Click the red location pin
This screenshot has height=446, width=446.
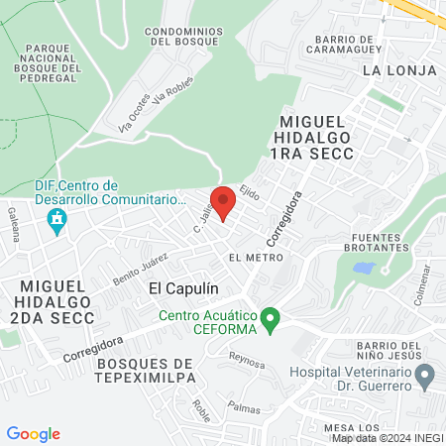coord(223,202)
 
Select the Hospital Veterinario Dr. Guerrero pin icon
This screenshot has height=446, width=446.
coord(425,377)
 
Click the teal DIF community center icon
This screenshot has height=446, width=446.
coord(57,219)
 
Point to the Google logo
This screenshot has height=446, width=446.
coord(33,434)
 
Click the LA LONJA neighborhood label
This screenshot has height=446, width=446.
coord(391,70)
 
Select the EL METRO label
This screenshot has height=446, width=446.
coord(249,257)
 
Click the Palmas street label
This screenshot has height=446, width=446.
coord(244,407)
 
